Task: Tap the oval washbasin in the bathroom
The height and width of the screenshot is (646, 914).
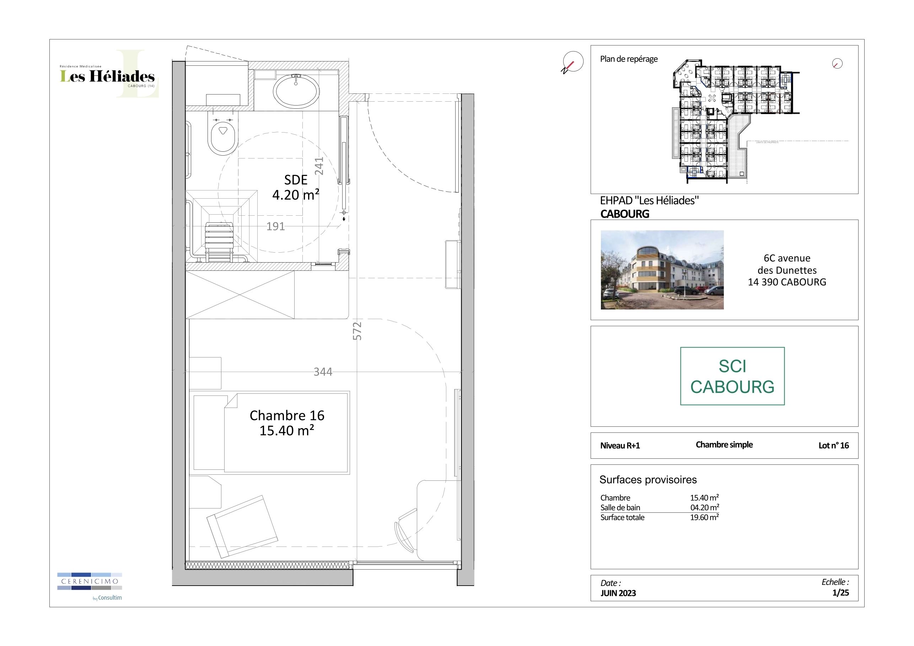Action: pyautogui.click(x=296, y=90)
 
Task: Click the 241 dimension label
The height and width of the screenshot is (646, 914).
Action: pyautogui.click(x=319, y=166)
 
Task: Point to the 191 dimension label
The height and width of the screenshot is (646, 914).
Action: pyautogui.click(x=275, y=226)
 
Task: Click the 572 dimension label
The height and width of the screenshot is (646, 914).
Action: pyautogui.click(x=357, y=331)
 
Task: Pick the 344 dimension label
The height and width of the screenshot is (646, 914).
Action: pyautogui.click(x=323, y=372)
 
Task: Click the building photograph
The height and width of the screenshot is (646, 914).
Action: pyautogui.click(x=662, y=270)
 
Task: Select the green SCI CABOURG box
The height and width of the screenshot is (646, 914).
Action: pyautogui.click(x=732, y=376)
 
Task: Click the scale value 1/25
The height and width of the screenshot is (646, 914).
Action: pyautogui.click(x=840, y=593)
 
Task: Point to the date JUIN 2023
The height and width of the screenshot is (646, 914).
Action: pyautogui.click(x=618, y=593)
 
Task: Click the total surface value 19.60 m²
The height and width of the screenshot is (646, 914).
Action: pyautogui.click(x=704, y=517)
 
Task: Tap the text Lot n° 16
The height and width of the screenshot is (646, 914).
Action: pyautogui.click(x=834, y=445)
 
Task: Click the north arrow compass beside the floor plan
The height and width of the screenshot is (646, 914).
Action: pyautogui.click(x=572, y=63)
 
